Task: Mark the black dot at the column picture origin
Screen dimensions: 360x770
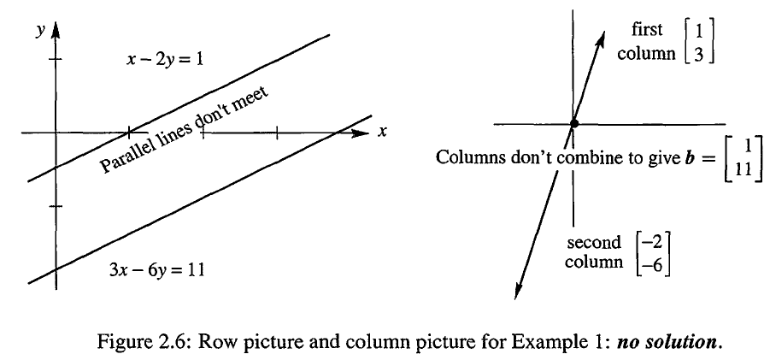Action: tap(573, 124)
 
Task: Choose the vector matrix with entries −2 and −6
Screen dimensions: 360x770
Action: tap(652, 253)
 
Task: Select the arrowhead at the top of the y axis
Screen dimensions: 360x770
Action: tap(56, 30)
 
